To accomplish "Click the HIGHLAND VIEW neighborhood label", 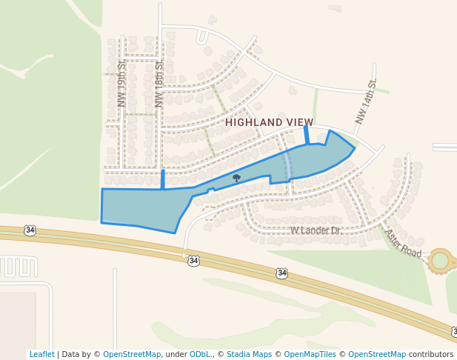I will coord(269,122).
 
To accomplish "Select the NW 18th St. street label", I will coord(159,88).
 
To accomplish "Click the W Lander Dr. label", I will coord(315,230).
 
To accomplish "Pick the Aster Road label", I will coord(402,243).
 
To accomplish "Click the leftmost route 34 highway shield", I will coord(30,230).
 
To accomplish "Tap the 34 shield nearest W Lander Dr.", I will coord(281,273).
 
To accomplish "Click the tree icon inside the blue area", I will coord(236,178).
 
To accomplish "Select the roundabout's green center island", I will coord(441,260).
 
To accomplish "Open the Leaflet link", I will coord(41,354).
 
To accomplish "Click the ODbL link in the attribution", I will coord(200,354).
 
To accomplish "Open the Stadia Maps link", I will coord(249,354).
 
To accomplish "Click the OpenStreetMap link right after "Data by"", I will coord(132,354).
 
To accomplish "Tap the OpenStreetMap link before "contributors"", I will coord(376,354).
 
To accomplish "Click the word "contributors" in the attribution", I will coord(431,354).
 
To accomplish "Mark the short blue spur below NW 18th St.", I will coord(163,179).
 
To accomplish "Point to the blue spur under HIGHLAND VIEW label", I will coord(307,135).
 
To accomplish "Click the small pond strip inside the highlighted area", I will coord(287,163).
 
